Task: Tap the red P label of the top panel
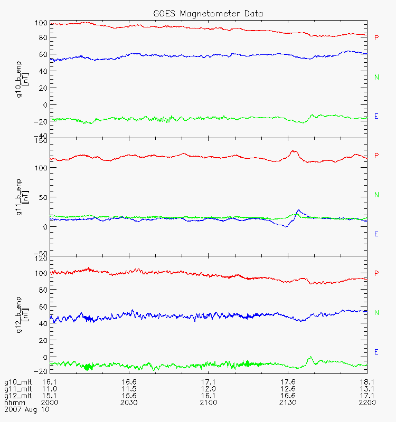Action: click(376, 38)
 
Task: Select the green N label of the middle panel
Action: click(376, 195)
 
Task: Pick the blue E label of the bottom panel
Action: click(376, 352)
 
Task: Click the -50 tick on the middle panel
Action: click(40, 254)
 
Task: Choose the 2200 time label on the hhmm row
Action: click(366, 402)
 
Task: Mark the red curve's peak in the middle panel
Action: click(294, 151)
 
